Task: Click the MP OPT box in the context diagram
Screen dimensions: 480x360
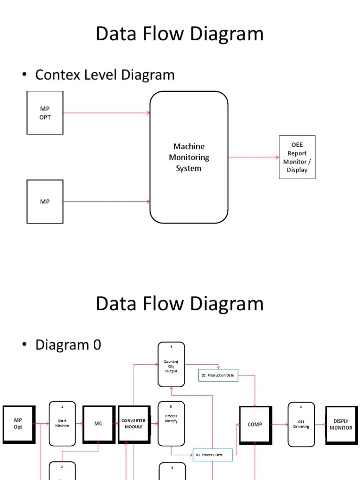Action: (45, 113)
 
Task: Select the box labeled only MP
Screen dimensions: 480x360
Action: (45, 202)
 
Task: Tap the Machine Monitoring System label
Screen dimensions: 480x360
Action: (189, 157)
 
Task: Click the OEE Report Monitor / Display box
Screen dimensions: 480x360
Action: (297, 157)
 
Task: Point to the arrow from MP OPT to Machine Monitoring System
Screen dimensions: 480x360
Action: (106, 113)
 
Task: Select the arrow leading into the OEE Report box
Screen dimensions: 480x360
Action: (253, 157)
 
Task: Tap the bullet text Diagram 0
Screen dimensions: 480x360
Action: (68, 345)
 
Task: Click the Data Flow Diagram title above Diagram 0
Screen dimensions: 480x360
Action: (180, 304)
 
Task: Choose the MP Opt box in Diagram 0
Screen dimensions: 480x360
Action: (18, 424)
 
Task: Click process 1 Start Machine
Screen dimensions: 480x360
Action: (62, 423)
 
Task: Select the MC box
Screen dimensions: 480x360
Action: (98, 424)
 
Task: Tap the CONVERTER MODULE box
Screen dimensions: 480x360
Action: (134, 424)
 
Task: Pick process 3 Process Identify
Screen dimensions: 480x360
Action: (171, 423)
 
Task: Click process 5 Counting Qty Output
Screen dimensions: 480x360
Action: (171, 365)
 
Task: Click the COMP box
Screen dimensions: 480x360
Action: (255, 425)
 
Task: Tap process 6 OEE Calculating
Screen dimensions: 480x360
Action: (301, 424)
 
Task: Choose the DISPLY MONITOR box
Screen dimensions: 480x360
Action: (341, 425)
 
